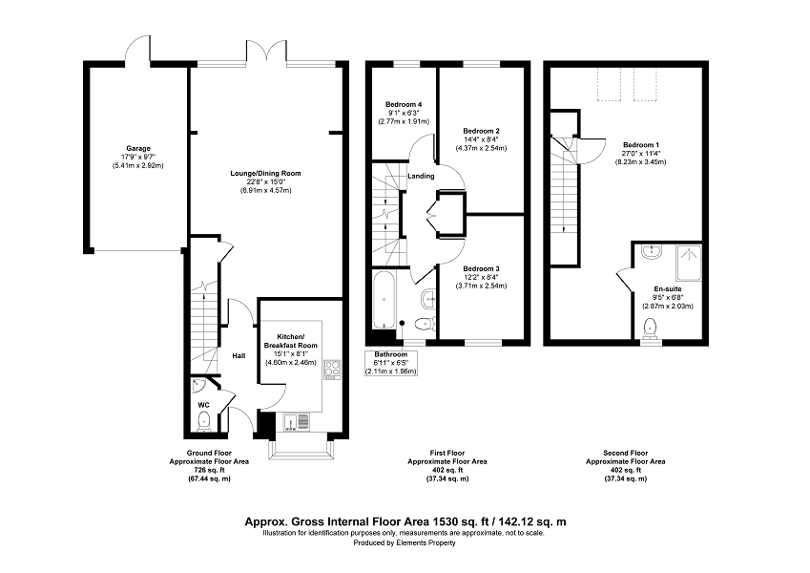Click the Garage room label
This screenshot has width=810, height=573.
click(x=138, y=149)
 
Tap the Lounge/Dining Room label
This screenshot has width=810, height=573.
click(x=265, y=173)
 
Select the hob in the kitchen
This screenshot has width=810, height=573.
click(x=332, y=370)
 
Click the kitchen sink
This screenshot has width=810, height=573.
click(x=296, y=422)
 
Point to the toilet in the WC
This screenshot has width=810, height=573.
click(x=204, y=421)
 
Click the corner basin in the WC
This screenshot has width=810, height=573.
click(x=197, y=386)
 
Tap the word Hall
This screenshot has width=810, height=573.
click(x=239, y=356)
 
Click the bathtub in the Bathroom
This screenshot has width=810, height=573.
click(x=384, y=300)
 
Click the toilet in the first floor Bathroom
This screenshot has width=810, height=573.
click(x=426, y=324)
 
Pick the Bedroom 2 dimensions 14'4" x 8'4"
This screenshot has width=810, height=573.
click(x=482, y=139)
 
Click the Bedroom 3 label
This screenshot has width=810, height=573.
click(x=482, y=269)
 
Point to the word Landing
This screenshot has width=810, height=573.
click(x=421, y=177)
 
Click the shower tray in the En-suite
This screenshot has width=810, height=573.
click(x=689, y=263)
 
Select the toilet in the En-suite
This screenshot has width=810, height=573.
click(x=651, y=329)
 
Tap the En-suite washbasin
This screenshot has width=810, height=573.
click(x=652, y=252)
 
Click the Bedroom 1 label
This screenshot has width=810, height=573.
click(x=640, y=145)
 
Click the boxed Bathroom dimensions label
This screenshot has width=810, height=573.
click(x=391, y=363)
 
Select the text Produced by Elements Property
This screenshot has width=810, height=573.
click(x=405, y=543)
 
